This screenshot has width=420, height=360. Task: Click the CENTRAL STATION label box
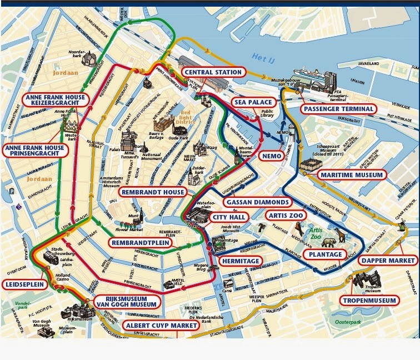tap(213, 72)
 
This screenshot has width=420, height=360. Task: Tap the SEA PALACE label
tap(253, 103)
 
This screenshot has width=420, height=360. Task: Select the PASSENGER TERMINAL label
tap(338, 109)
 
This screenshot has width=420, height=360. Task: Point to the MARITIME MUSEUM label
tap(351, 175)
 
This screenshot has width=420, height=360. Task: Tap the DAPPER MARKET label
tap(388, 260)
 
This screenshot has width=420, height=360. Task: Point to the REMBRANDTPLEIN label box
tap(139, 243)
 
